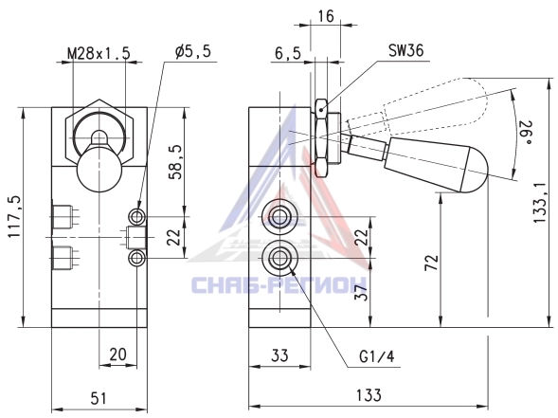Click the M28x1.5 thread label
coord(99,53)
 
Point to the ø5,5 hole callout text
coord(193,51)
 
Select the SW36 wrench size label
coord(406,50)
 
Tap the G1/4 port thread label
coord(377,356)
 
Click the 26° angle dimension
coord(527,133)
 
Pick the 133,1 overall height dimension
coord(539,203)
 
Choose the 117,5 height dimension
coord(14,217)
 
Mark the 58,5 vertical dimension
coord(175,162)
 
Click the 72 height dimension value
coord(432,263)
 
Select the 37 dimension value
coord(362,292)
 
